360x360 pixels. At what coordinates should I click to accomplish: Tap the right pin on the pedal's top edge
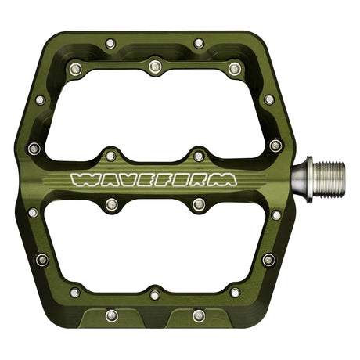pyautogui.click(x=199, y=42)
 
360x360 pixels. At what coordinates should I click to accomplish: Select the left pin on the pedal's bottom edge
pyautogui.click(x=110, y=316)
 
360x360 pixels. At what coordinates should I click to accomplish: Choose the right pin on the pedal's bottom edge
pyautogui.click(x=199, y=316)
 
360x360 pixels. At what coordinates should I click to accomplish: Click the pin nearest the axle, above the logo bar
pyautogui.click(x=275, y=145)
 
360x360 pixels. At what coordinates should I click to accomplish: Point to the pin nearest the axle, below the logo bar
pyautogui.click(x=276, y=214)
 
